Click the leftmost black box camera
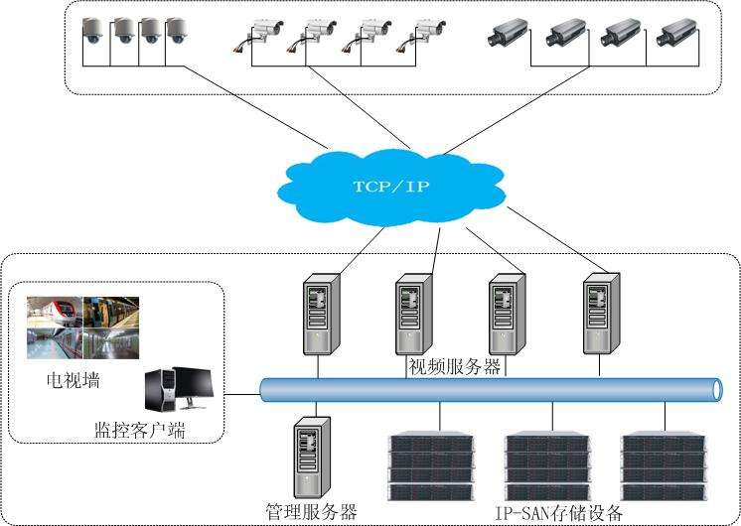pos(507,35)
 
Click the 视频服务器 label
pos(456,366)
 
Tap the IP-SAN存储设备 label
pos(559,512)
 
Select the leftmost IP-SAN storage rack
pos(430,465)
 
